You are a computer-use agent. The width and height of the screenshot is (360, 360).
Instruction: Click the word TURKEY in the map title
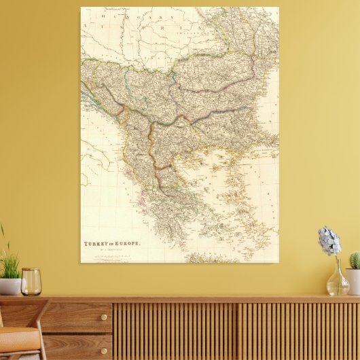[94, 244]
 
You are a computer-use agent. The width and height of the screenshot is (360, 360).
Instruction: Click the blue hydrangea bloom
[329, 240]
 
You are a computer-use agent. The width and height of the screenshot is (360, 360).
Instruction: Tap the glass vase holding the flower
[337, 281]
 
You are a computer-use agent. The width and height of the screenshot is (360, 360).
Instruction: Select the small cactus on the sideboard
[355, 260]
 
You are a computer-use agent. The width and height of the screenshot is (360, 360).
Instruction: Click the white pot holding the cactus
[353, 280]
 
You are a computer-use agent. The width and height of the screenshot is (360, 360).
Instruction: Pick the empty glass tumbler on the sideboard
[31, 281]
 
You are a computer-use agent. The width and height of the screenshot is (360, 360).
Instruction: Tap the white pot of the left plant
[9, 286]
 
